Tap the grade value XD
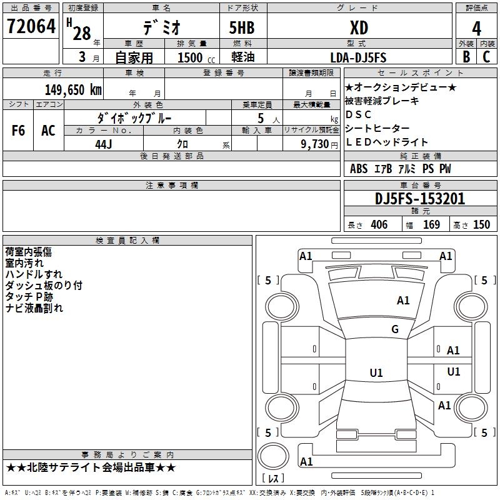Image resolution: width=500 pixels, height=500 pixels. click(x=358, y=27)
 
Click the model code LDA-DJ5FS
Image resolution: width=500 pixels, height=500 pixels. click(x=358, y=57)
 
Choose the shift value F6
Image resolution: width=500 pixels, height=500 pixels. click(x=19, y=131)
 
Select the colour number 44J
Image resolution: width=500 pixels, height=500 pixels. click(x=103, y=144)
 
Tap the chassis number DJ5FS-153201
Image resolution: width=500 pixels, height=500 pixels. click(x=420, y=199)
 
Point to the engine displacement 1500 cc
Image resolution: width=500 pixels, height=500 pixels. click(x=191, y=57)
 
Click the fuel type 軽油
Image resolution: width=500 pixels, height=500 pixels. click(x=242, y=57)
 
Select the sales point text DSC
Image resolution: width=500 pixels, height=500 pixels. click(x=359, y=114)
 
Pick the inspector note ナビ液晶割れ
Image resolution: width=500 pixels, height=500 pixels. click(x=34, y=308)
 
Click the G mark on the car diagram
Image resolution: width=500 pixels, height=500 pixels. click(x=395, y=329)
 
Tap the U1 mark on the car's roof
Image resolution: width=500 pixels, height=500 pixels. click(x=376, y=373)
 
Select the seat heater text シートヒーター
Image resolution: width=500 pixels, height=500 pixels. click(x=377, y=128)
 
